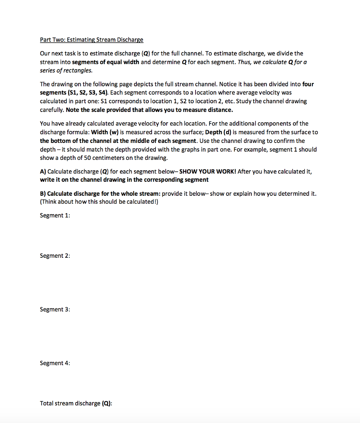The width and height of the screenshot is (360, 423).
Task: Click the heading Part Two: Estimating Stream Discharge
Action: pyautogui.click(x=91, y=40)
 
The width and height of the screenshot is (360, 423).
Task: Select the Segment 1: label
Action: pyautogui.click(x=55, y=215)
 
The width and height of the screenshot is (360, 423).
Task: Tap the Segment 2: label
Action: pyautogui.click(x=55, y=256)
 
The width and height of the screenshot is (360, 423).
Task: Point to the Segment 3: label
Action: pyautogui.click(x=55, y=309)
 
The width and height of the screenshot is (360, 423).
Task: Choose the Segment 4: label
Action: pyautogui.click(x=55, y=363)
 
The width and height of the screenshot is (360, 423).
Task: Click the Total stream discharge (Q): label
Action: pyautogui.click(x=76, y=403)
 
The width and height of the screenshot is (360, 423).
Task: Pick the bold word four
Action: pyautogui.click(x=308, y=84)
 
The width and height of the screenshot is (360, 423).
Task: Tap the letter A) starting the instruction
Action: pyautogui.click(x=43, y=171)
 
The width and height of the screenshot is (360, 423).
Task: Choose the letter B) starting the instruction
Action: pyautogui.click(x=43, y=193)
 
